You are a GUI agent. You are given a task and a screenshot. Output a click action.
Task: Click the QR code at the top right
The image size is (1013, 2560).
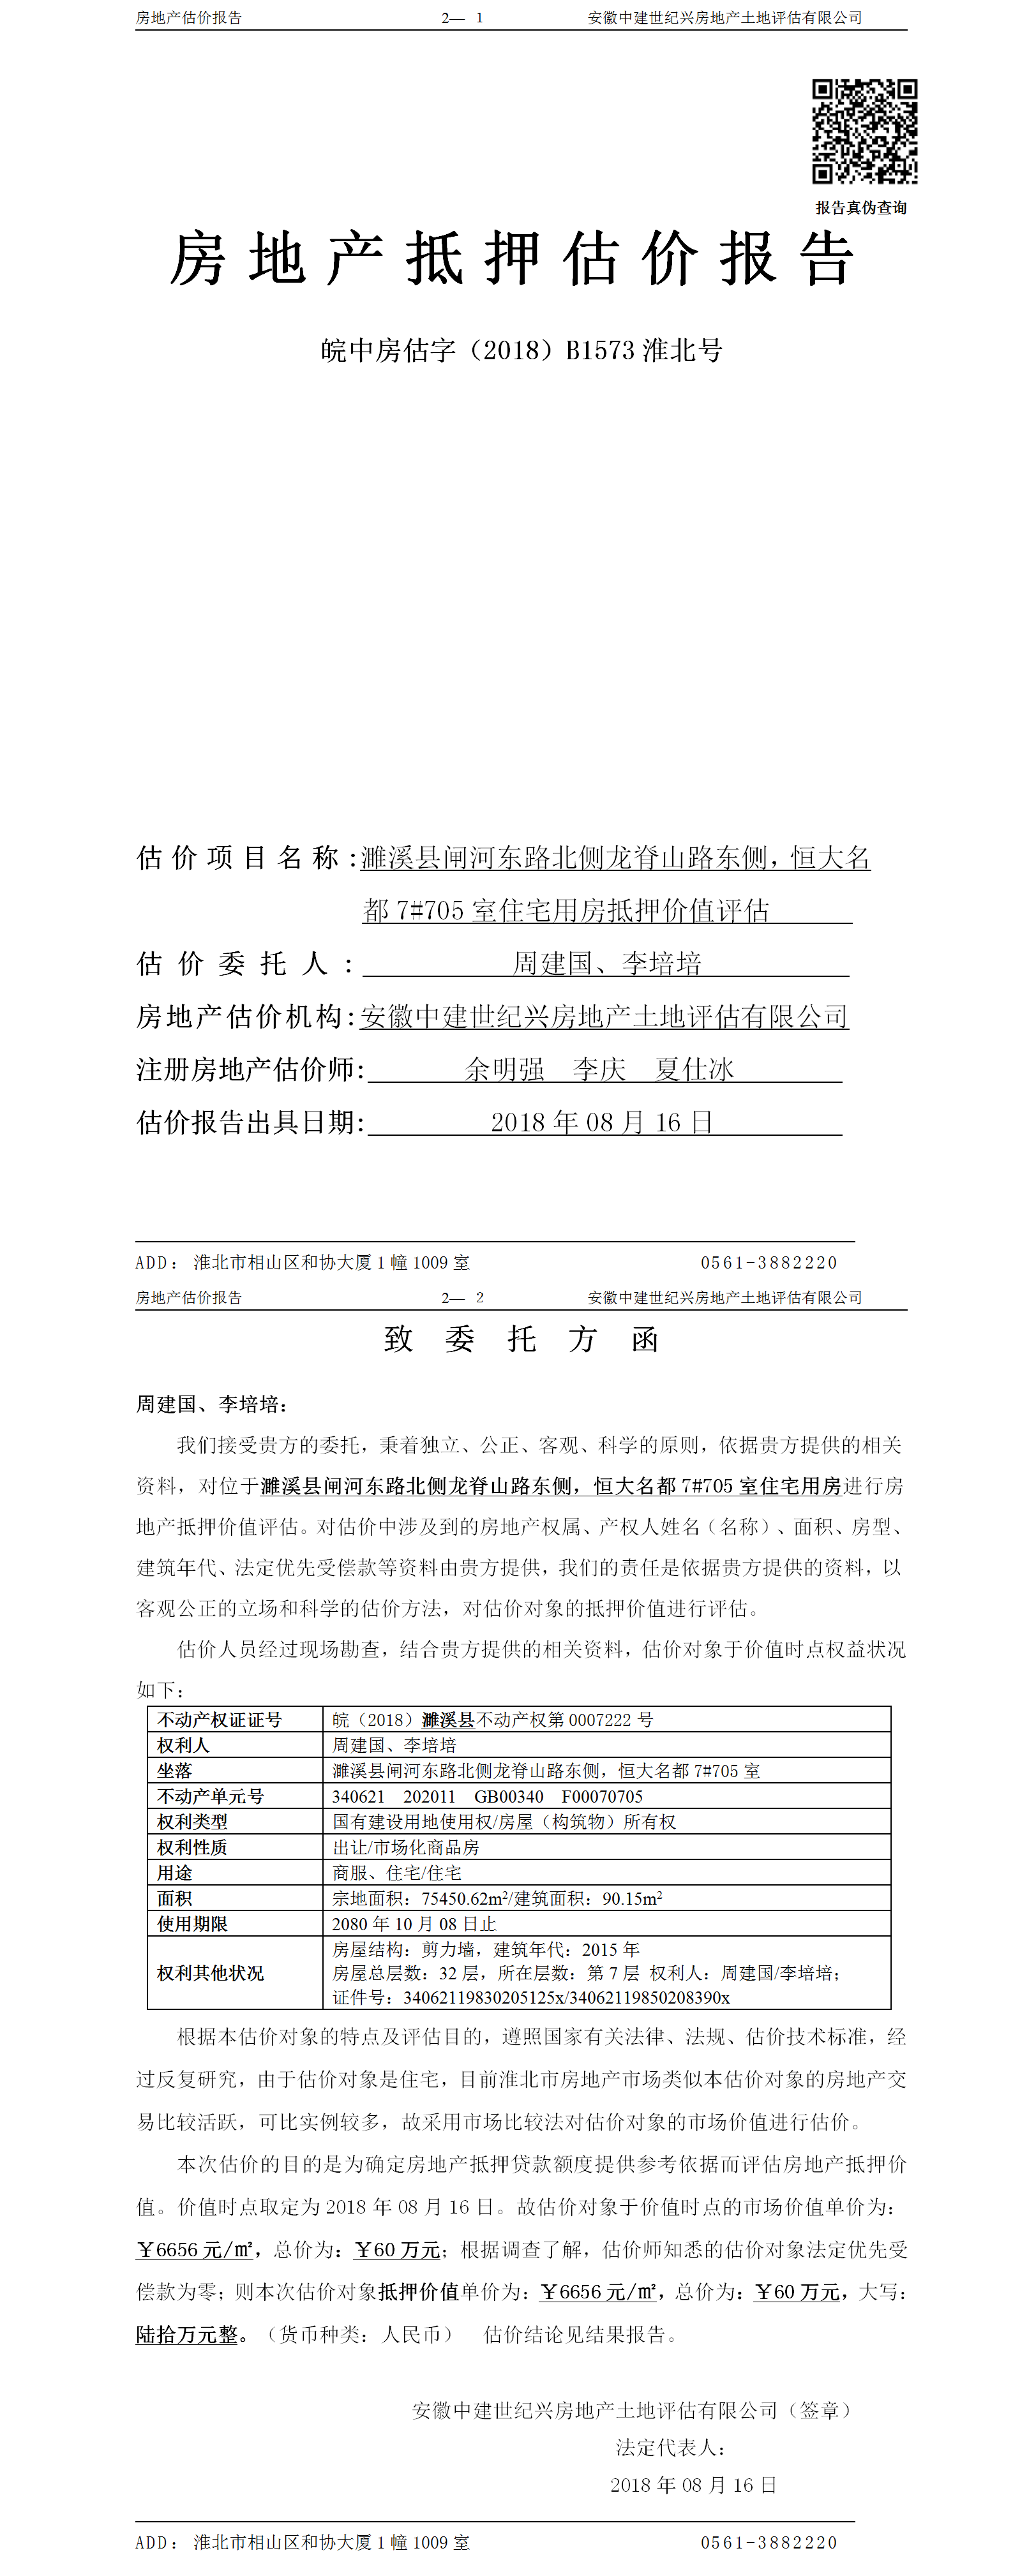(x=864, y=131)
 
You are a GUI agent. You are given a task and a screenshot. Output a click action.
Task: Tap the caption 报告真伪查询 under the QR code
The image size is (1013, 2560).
(x=861, y=208)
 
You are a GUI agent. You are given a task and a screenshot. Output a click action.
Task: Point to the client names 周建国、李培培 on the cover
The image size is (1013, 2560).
(x=606, y=963)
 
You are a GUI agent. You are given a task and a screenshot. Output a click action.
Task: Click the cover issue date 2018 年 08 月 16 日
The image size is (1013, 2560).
(x=601, y=1122)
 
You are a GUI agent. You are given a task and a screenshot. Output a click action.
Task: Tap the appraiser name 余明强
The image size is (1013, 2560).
(x=505, y=1069)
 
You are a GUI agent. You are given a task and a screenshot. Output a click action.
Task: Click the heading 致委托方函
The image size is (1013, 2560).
(x=521, y=1339)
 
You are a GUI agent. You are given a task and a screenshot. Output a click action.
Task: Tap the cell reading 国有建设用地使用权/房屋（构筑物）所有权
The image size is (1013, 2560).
(x=504, y=1822)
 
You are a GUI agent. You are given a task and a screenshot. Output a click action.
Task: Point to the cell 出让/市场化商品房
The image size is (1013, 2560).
(x=405, y=1847)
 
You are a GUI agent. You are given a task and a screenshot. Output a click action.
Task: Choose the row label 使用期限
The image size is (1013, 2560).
(x=192, y=1924)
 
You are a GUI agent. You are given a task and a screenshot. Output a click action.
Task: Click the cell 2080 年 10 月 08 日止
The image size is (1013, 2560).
(x=414, y=1924)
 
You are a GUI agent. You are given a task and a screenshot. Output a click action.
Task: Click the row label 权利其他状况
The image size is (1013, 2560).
(x=211, y=1973)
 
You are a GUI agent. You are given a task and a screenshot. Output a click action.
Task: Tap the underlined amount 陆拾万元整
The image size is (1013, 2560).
(x=187, y=2334)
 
